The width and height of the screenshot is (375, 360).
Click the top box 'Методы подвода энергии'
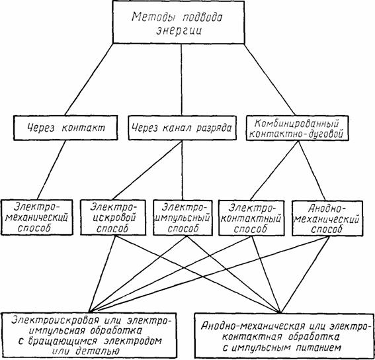179,22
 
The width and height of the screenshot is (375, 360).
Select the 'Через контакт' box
65,128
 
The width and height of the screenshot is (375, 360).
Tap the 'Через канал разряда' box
183,128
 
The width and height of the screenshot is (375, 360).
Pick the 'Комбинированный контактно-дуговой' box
297,128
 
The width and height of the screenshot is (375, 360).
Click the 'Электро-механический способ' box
37,217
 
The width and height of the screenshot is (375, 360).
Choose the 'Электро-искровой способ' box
113,218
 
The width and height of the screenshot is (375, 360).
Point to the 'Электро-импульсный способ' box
183,218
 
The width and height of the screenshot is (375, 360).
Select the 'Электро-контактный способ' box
251,218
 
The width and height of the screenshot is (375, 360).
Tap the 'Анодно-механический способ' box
327,218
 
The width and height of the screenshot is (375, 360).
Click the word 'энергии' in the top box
179,30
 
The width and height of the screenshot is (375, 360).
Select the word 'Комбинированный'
296,123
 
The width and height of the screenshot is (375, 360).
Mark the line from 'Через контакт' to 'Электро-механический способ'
52,170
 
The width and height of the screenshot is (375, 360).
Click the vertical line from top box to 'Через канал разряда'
181,79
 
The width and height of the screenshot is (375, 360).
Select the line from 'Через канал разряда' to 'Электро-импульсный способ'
183,170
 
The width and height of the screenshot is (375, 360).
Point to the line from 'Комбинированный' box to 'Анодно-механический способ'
312,171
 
